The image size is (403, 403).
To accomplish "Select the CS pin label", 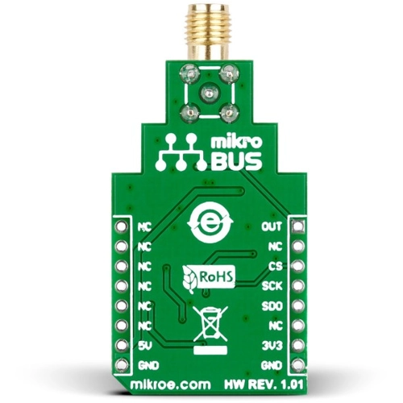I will click(x=275, y=266).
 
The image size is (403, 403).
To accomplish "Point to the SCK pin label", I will click(x=271, y=286).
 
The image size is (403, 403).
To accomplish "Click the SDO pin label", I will click(x=271, y=306).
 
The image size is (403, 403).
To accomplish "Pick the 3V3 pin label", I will click(x=272, y=347).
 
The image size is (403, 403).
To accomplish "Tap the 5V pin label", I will click(x=144, y=347).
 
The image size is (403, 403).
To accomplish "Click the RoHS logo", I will click(x=210, y=278).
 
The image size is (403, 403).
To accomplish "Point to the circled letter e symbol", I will click(x=210, y=219).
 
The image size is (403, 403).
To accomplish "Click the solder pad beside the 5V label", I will click(x=122, y=347).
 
